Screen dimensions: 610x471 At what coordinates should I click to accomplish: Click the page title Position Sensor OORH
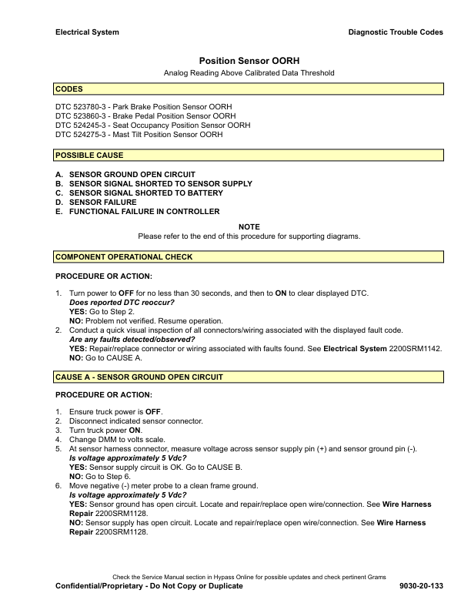(249, 59)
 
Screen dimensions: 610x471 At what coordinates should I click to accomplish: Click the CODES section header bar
(249, 89)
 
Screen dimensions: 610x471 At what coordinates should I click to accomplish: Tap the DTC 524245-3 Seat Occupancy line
(153, 125)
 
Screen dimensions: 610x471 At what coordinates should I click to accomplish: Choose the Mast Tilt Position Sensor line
(139, 134)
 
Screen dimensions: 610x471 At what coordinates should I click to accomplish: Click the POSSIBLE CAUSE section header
(249, 156)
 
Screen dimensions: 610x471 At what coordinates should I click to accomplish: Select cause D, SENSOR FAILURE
(102, 202)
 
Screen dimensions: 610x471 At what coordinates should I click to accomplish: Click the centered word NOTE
(249, 226)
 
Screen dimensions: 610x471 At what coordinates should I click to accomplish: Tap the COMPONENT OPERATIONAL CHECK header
(249, 256)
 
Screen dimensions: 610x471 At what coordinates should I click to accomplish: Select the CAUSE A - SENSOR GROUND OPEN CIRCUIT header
(249, 377)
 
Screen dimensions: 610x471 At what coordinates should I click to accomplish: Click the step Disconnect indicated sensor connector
(135, 421)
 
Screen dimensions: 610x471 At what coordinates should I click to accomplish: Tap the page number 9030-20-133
(422, 586)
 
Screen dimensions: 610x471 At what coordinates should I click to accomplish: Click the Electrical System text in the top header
(87, 32)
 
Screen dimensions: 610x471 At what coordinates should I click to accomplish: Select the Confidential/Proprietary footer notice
(149, 586)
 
